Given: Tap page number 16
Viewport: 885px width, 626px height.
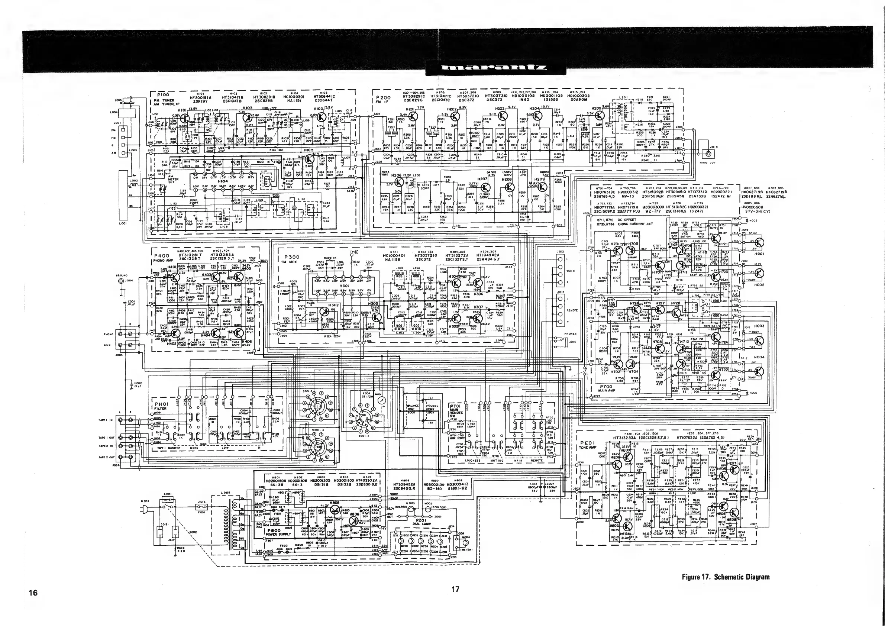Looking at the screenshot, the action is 33,593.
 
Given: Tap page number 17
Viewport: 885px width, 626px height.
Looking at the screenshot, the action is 455,589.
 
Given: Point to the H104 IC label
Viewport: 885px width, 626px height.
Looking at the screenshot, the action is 223,181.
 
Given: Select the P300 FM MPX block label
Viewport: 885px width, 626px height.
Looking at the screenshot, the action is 292,259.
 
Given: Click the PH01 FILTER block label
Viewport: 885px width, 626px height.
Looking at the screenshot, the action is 161,406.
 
